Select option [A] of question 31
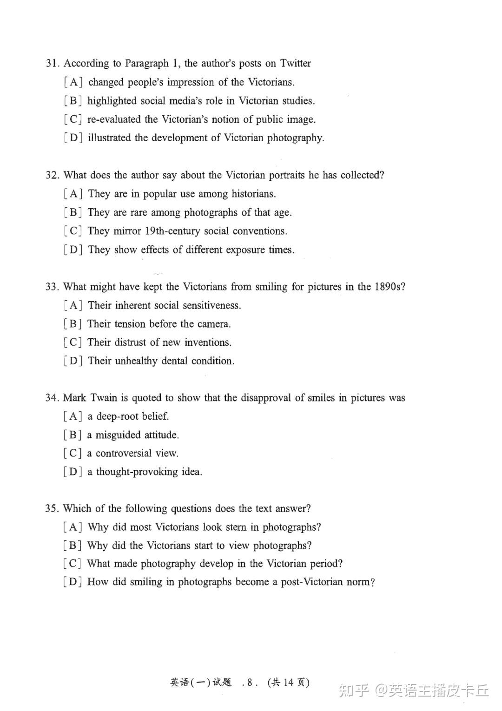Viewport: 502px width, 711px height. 73,82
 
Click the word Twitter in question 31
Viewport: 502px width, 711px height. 296,63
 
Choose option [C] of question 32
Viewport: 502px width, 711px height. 73,231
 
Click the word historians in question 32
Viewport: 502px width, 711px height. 253,194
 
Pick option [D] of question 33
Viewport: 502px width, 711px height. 73,361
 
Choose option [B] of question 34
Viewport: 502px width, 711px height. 73,435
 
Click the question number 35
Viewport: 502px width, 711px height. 52,508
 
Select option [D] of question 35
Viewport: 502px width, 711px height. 73,582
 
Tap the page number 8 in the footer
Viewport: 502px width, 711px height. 250,682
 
